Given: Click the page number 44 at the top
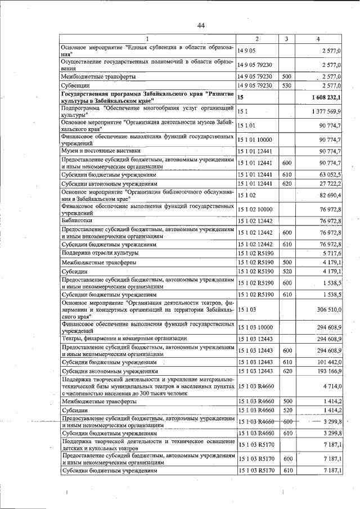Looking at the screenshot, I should [x=201, y=25].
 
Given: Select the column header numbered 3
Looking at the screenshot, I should [x=286, y=39].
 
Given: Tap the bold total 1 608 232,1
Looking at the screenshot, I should [x=325, y=97].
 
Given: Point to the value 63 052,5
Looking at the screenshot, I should [x=331, y=175].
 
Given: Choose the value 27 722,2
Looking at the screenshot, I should [x=331, y=184].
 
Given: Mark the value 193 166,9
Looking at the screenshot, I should [x=328, y=371].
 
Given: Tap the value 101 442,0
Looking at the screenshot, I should [x=328, y=362].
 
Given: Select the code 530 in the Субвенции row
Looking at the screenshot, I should [x=286, y=85].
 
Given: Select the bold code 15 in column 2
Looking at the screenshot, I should [x=241, y=97].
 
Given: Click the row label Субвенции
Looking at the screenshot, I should [x=76, y=85].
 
